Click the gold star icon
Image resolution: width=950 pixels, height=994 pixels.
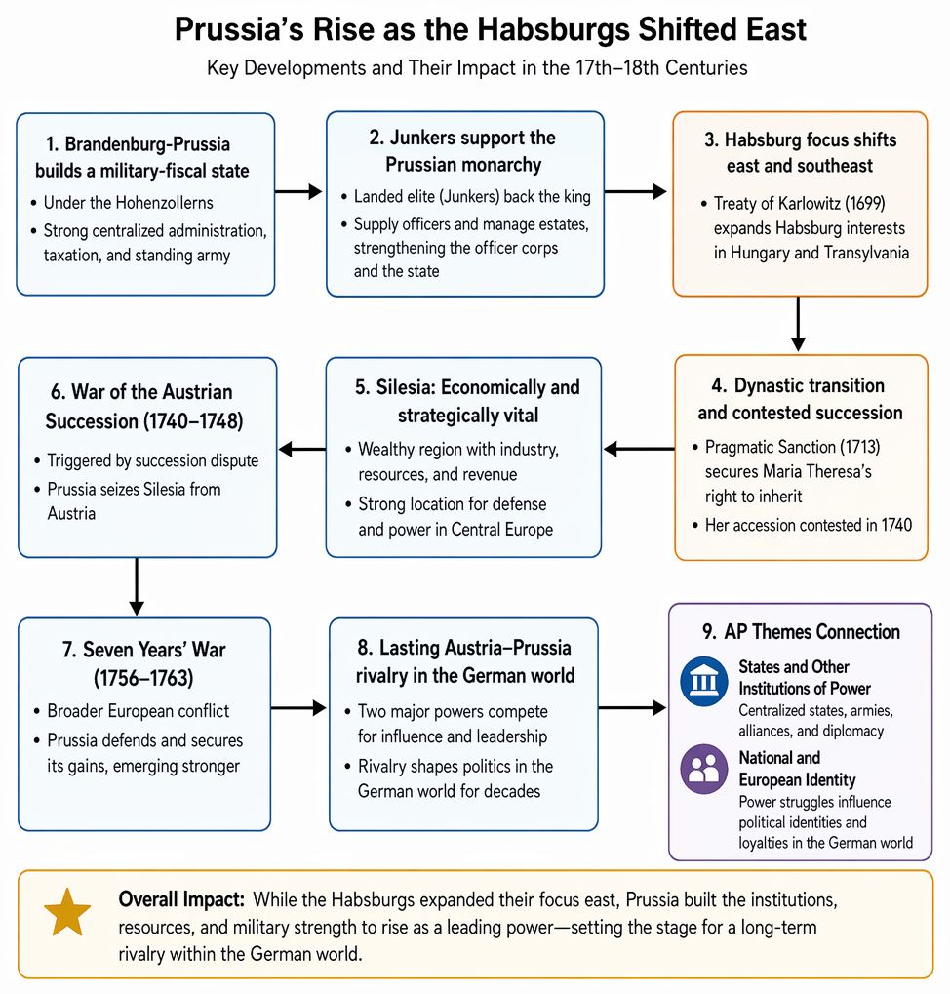pyautogui.click(x=67, y=913)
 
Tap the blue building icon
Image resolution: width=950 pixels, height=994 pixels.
pyautogui.click(x=703, y=682)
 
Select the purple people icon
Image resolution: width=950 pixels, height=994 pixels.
pyautogui.click(x=703, y=769)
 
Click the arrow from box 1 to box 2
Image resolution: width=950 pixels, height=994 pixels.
pyautogui.click(x=298, y=191)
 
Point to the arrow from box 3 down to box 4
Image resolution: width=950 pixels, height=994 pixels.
pyautogui.click(x=798, y=324)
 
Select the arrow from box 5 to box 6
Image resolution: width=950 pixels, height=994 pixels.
pyautogui.click(x=301, y=450)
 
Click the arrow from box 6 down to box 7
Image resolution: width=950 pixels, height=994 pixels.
pyautogui.click(x=137, y=586)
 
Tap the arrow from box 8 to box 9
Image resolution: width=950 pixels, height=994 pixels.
pyautogui.click(x=632, y=707)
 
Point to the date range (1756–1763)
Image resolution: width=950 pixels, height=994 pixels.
pyautogui.click(x=143, y=678)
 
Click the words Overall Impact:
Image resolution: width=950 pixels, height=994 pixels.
pyautogui.click(x=181, y=899)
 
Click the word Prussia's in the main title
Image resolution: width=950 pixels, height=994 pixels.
pyautogui.click(x=239, y=29)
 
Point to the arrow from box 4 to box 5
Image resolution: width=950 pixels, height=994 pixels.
pyautogui.click(x=639, y=450)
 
